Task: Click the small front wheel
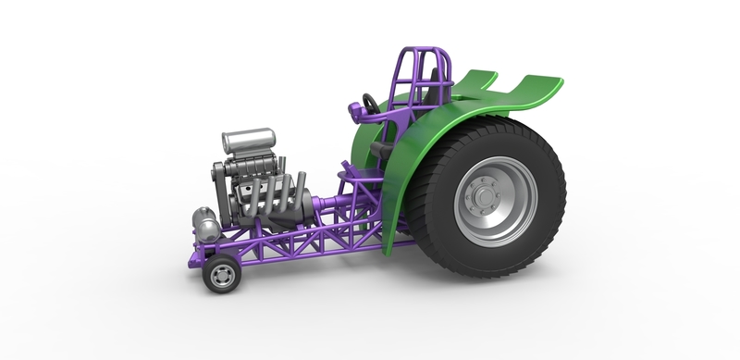click(x=220, y=275)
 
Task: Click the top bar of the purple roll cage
click(x=428, y=52)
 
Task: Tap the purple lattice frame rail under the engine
click(x=277, y=247)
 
